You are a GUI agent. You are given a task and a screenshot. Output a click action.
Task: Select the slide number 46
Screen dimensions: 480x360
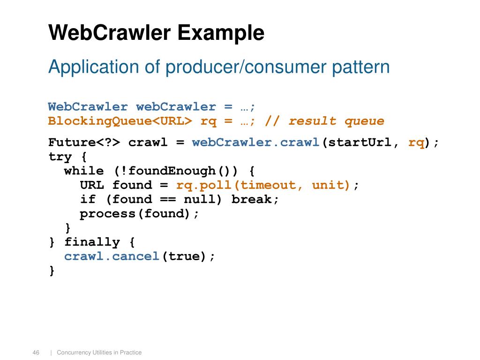coord(36,352)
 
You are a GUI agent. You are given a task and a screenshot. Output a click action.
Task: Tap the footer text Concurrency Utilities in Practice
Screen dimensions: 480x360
coord(99,352)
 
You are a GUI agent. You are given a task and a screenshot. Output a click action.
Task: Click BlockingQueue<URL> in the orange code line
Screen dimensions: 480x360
coord(120,121)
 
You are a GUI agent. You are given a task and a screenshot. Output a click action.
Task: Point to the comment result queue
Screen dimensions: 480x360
coord(336,121)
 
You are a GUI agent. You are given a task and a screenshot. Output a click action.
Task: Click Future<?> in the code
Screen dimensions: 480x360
coord(84,142)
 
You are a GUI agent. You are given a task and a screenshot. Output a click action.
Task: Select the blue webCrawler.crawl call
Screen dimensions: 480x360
coord(256,142)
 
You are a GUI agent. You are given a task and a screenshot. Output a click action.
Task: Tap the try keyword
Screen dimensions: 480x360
coord(60,156)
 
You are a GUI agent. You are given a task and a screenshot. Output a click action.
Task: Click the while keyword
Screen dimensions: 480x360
coord(84,171)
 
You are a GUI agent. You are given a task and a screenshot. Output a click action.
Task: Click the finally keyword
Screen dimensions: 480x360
coord(92,242)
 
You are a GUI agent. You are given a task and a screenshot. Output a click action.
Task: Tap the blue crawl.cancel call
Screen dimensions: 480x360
coord(112,256)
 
